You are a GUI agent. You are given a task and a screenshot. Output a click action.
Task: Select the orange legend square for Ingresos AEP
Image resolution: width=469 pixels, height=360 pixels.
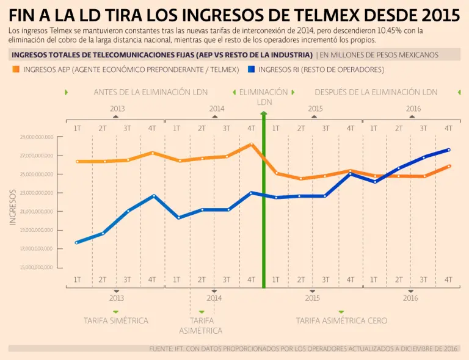coord(16,70)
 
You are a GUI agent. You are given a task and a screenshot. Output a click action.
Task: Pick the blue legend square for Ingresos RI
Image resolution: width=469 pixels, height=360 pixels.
coord(252,70)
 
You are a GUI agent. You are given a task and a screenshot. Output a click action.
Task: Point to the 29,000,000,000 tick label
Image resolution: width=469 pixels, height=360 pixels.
coord(37,137)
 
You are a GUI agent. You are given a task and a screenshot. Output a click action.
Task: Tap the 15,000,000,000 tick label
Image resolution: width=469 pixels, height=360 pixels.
coord(37,268)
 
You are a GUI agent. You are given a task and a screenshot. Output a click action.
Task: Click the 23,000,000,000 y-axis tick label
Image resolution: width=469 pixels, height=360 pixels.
coord(37,193)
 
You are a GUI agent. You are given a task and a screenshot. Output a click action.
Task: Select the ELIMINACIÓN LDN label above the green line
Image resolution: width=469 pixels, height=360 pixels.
coord(264,96)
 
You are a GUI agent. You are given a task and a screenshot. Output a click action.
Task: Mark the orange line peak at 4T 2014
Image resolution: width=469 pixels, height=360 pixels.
coord(251,145)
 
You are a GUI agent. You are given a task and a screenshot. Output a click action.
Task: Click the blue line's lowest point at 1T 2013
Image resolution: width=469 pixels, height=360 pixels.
coord(77,243)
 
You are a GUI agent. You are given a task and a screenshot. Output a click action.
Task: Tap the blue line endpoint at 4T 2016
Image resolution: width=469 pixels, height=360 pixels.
coord(449,149)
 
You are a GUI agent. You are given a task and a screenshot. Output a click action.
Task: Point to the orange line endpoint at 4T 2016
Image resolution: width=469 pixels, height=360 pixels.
coord(449,166)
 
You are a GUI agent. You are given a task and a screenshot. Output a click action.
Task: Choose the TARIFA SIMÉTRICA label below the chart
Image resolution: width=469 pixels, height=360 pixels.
coord(116,320)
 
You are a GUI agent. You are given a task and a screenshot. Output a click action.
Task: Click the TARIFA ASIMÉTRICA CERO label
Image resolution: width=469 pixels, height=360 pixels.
coord(341,320)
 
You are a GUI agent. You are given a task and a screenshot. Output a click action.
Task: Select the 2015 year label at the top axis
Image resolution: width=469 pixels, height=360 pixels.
coord(315,109)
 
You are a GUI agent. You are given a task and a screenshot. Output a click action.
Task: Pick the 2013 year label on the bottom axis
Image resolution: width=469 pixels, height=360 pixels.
coord(117,298)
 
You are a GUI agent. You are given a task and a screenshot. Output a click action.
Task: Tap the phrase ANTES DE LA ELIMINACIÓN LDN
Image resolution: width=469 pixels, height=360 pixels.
coord(150,92)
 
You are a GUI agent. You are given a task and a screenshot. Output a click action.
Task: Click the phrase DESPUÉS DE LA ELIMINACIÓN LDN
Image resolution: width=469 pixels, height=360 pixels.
coord(376,92)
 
